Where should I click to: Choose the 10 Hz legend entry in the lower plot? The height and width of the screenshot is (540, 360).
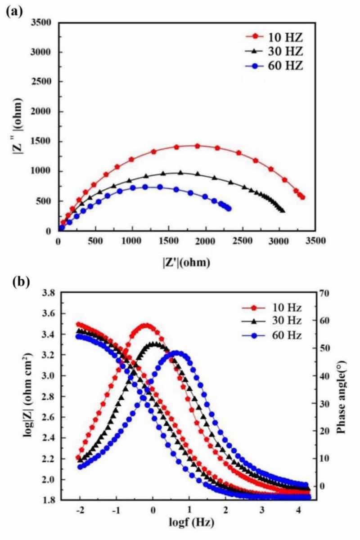[x=279, y=308]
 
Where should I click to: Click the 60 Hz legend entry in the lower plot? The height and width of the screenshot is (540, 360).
[x=279, y=335]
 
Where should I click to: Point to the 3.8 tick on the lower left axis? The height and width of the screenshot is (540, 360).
[x=45, y=293]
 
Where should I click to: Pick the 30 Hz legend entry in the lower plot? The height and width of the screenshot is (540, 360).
[x=279, y=322]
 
